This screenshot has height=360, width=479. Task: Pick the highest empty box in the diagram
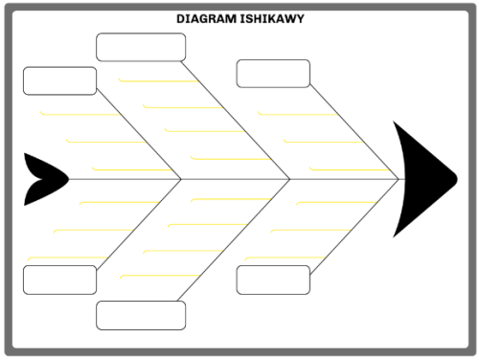[x=141, y=47]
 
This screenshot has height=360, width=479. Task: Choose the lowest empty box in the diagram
[x=141, y=314]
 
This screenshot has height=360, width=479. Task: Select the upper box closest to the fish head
[x=273, y=74]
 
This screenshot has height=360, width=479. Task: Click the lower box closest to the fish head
[x=273, y=280]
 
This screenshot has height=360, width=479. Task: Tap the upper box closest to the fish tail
[x=59, y=80]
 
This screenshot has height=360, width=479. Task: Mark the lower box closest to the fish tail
[x=59, y=280]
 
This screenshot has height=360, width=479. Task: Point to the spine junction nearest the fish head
[x=399, y=179]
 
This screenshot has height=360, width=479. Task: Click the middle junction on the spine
[x=290, y=179]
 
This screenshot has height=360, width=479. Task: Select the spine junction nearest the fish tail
[x=182, y=179]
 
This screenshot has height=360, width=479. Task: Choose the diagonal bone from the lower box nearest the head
[x=354, y=226]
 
